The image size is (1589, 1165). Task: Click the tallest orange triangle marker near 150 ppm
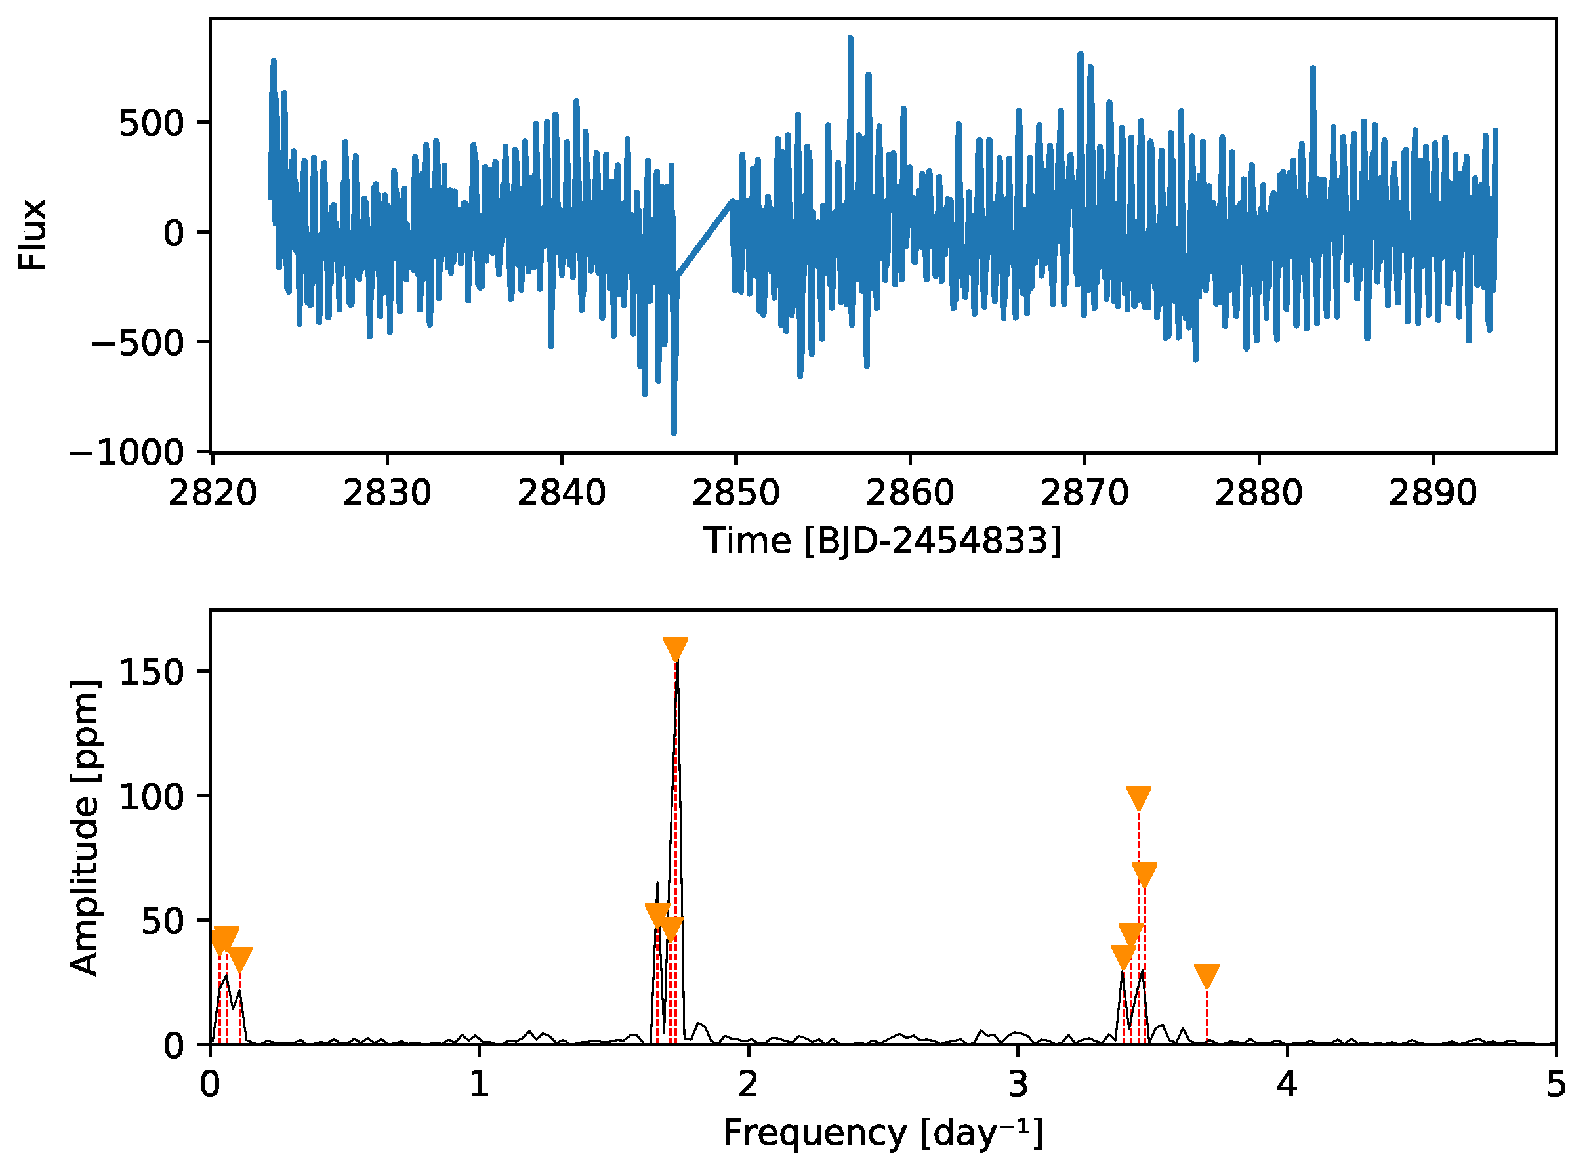point(675,648)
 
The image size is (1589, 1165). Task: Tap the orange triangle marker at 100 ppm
point(1138,797)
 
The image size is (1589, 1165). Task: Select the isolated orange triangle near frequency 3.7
point(1207,976)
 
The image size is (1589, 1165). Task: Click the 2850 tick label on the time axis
point(735,493)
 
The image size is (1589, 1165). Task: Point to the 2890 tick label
point(1432,493)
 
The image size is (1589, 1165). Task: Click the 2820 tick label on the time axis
point(212,493)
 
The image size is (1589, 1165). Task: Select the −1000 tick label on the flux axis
point(127,453)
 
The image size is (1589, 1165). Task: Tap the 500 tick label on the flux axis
point(151,124)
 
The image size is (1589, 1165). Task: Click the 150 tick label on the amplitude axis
point(151,673)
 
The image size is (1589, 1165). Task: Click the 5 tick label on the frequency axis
point(1556,1084)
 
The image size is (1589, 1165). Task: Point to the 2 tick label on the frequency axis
point(748,1084)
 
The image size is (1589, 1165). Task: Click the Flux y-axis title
point(31,234)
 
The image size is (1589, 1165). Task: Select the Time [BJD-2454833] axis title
point(882,541)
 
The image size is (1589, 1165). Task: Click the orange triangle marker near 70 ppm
point(1144,874)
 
